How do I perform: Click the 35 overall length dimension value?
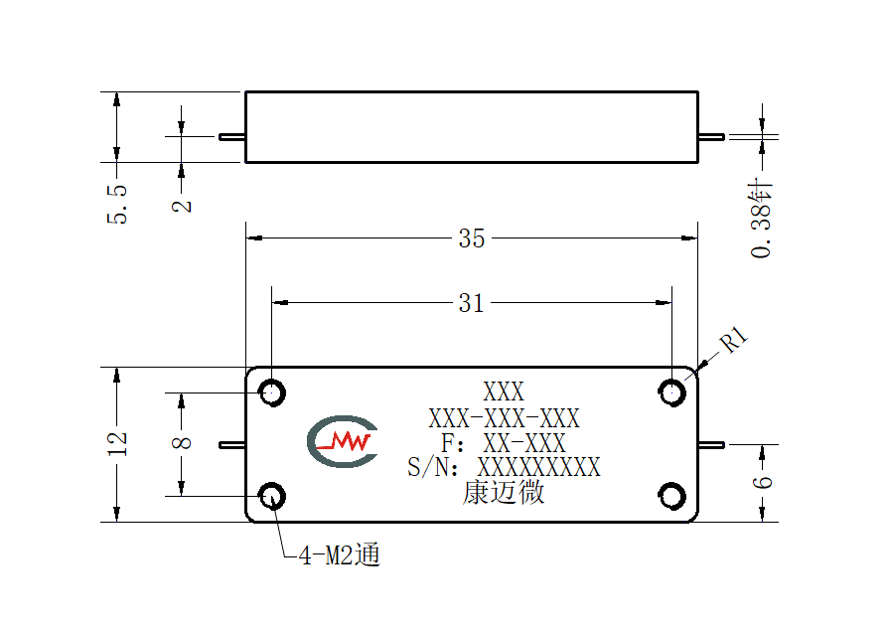click(471, 238)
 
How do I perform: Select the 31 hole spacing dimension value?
click(471, 303)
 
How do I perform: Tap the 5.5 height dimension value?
click(117, 204)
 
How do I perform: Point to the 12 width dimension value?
click(117, 444)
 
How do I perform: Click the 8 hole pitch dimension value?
click(182, 442)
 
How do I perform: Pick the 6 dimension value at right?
click(762, 482)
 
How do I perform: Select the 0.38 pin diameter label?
click(762, 219)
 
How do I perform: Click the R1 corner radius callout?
click(734, 340)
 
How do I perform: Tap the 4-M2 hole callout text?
click(340, 554)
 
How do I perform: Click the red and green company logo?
click(343, 441)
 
